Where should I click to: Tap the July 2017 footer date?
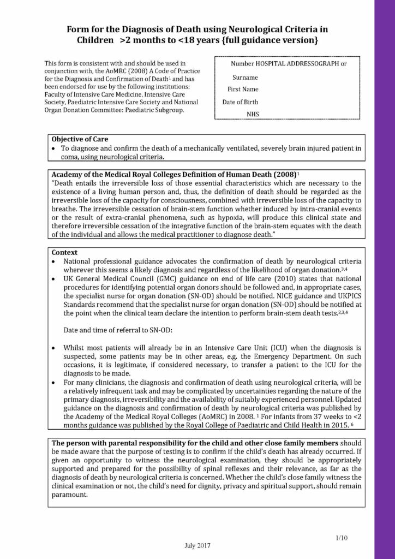[197, 545]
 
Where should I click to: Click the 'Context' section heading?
[64, 253]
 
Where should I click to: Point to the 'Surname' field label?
[245, 78]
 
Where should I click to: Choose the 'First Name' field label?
[243, 90]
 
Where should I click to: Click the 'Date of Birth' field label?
[241, 102]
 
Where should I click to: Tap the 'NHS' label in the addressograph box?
[253, 114]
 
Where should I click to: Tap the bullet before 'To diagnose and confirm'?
[53, 148]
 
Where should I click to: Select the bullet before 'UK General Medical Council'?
[53, 278]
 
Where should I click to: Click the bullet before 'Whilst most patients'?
[53, 347]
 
